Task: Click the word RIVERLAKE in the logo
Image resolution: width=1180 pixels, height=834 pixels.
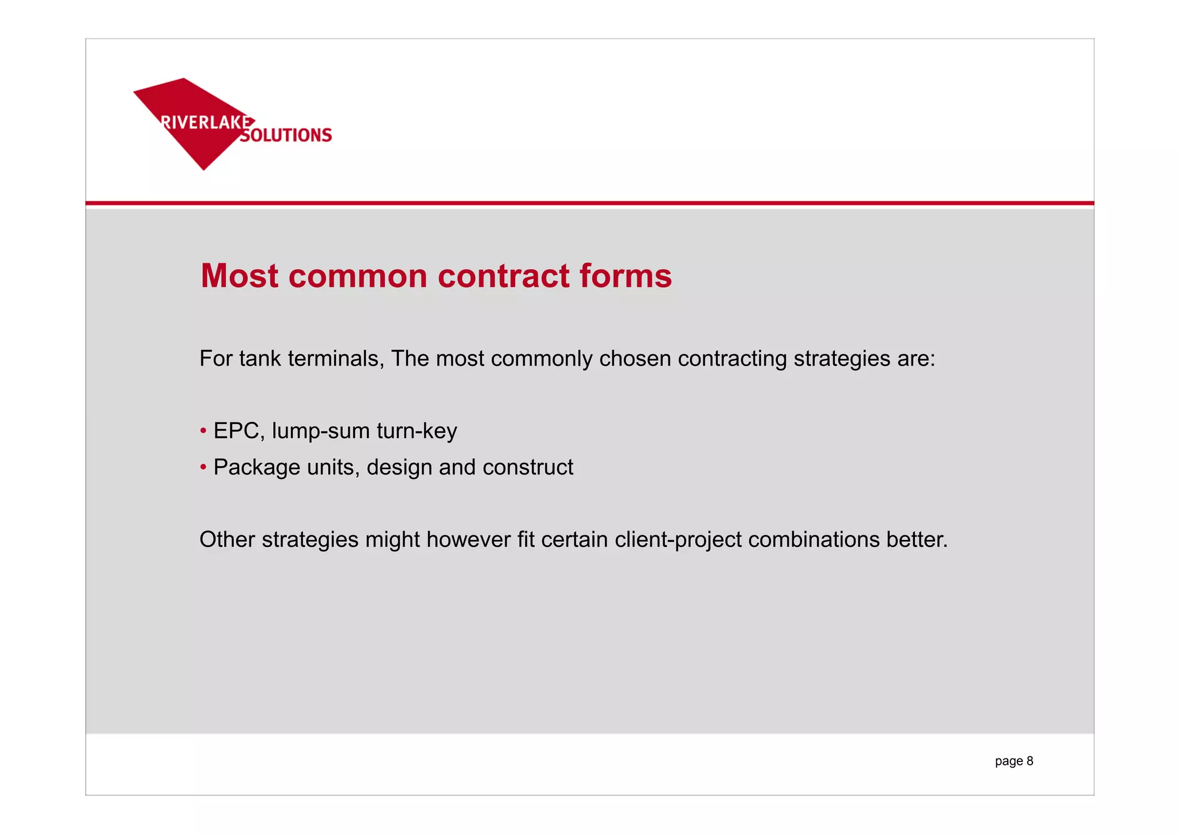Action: (206, 122)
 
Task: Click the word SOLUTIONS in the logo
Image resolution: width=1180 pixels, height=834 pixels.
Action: (286, 135)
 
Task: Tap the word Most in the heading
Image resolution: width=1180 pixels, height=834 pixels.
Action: (240, 276)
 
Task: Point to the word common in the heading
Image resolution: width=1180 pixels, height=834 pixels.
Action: (357, 276)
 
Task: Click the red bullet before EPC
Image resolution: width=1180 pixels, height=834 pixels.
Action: (203, 431)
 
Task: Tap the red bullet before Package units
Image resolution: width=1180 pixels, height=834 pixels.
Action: (203, 467)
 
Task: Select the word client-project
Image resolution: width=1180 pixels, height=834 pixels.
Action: (678, 540)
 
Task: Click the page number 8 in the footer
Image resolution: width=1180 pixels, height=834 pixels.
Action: (1030, 761)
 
